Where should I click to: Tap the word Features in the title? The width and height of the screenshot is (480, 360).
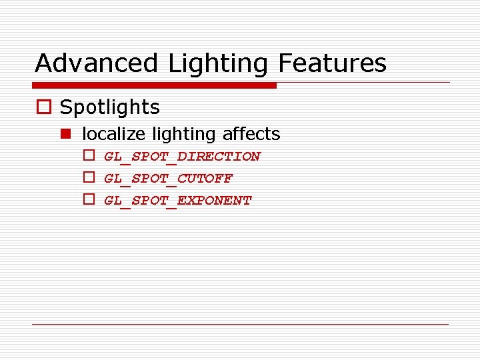coord(332,63)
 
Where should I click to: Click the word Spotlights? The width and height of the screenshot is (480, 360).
coord(110,107)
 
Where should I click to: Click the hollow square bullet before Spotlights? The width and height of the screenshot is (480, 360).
coord(43,108)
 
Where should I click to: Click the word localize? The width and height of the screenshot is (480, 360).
coord(113,134)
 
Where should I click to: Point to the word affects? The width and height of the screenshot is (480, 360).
coord(251,134)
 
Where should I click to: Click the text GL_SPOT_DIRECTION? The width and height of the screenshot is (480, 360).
coord(182,157)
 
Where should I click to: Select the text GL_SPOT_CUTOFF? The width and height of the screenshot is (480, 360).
coord(168,179)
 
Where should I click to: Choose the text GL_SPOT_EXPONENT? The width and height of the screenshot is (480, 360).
coord(177,201)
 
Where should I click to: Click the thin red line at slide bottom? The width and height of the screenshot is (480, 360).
coord(240,324)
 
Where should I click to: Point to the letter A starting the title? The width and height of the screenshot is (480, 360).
coord(44,63)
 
